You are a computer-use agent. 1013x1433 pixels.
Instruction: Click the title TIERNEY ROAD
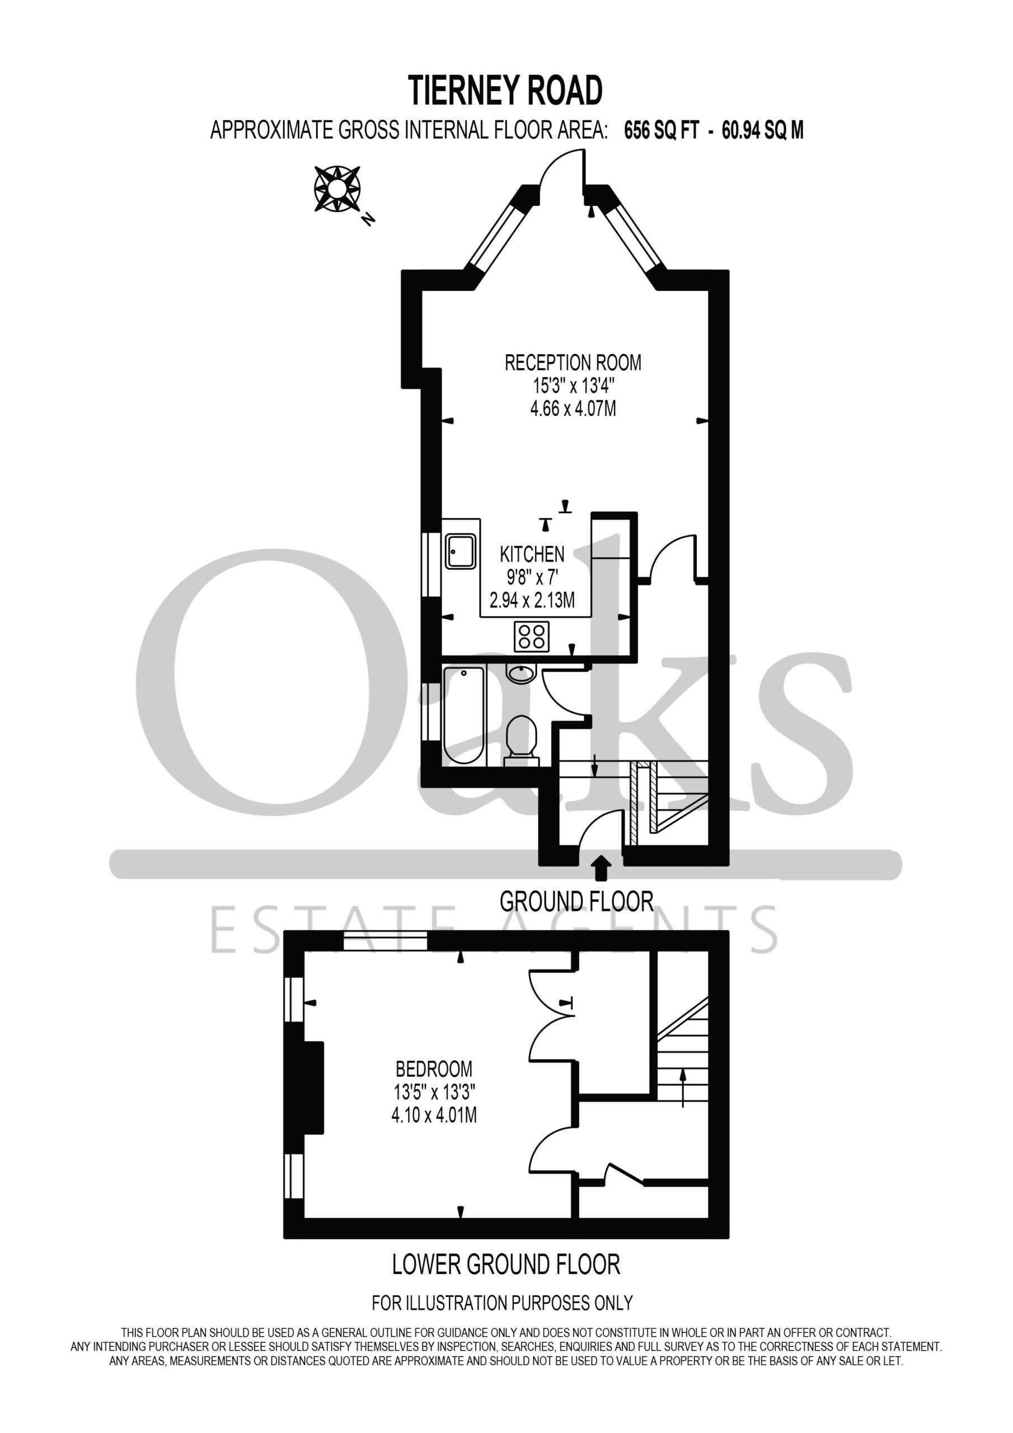(x=505, y=91)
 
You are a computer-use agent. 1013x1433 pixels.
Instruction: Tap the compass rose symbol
(x=337, y=189)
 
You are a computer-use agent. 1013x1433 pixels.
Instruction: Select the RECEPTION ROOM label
(x=573, y=363)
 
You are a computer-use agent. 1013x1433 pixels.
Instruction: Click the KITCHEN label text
(x=532, y=554)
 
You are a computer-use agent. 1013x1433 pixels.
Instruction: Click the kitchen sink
(x=461, y=550)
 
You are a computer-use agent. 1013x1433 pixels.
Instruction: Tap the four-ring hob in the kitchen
(x=532, y=636)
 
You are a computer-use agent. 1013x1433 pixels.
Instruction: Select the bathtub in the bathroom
(x=463, y=715)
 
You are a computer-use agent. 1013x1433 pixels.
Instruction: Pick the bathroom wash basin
(x=521, y=673)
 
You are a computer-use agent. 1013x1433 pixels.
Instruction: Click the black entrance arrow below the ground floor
(x=601, y=868)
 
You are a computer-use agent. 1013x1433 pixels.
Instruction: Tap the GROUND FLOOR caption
(x=576, y=902)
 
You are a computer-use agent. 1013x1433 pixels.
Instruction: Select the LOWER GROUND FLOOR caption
(x=506, y=1265)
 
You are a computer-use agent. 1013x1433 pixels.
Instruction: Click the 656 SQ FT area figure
(x=662, y=130)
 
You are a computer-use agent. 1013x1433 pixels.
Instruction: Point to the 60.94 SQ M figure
(x=763, y=130)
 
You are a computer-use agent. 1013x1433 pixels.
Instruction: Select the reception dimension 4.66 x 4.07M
(x=573, y=409)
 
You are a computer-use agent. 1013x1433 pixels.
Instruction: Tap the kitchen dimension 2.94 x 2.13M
(x=532, y=601)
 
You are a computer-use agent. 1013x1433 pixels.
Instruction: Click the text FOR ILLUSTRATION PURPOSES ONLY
(x=503, y=1303)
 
